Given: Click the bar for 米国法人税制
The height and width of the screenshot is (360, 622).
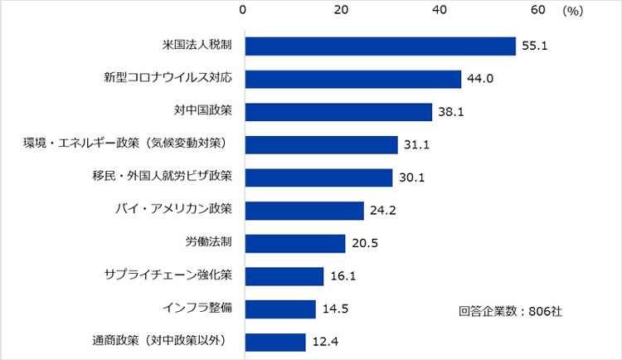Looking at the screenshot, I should [x=380, y=46].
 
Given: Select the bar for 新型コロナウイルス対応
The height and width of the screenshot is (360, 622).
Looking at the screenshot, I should [x=352, y=79].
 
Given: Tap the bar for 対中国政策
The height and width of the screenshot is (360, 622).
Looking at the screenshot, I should [x=338, y=112].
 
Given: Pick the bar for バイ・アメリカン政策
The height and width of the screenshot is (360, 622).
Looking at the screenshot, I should [x=304, y=211].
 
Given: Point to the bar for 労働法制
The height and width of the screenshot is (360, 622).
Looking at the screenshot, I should [x=295, y=243].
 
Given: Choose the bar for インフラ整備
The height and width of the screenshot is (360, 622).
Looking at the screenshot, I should [x=280, y=309].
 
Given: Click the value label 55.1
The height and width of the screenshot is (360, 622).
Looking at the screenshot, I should [x=535, y=46].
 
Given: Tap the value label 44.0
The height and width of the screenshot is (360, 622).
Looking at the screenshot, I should [x=480, y=79].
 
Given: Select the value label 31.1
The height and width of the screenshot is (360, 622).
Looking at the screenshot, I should [x=416, y=145].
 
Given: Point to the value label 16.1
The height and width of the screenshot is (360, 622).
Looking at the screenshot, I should [x=343, y=276].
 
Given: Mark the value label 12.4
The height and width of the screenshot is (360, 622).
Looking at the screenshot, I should [x=324, y=342].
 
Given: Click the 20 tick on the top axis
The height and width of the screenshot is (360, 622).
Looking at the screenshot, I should [x=342, y=10].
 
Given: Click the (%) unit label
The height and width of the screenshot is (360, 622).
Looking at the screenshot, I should [x=572, y=11].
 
